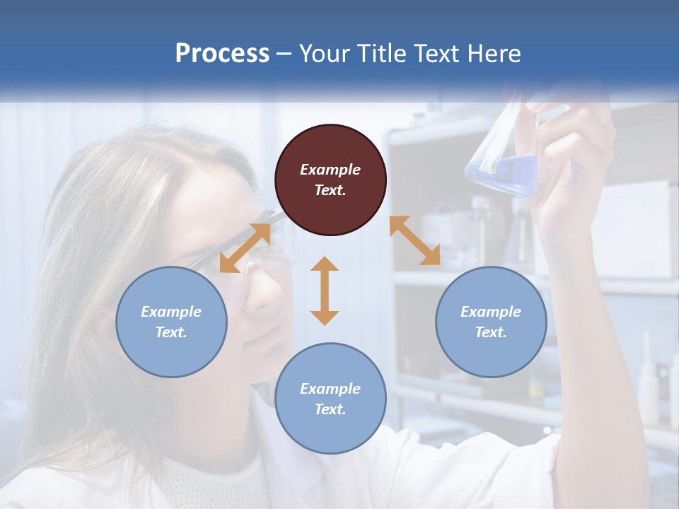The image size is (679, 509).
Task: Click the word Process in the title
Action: [x=222, y=54]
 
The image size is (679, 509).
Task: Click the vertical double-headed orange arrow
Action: [x=325, y=291]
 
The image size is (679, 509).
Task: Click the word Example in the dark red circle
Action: [x=330, y=170]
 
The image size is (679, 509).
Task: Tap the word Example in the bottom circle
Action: [x=330, y=389]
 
